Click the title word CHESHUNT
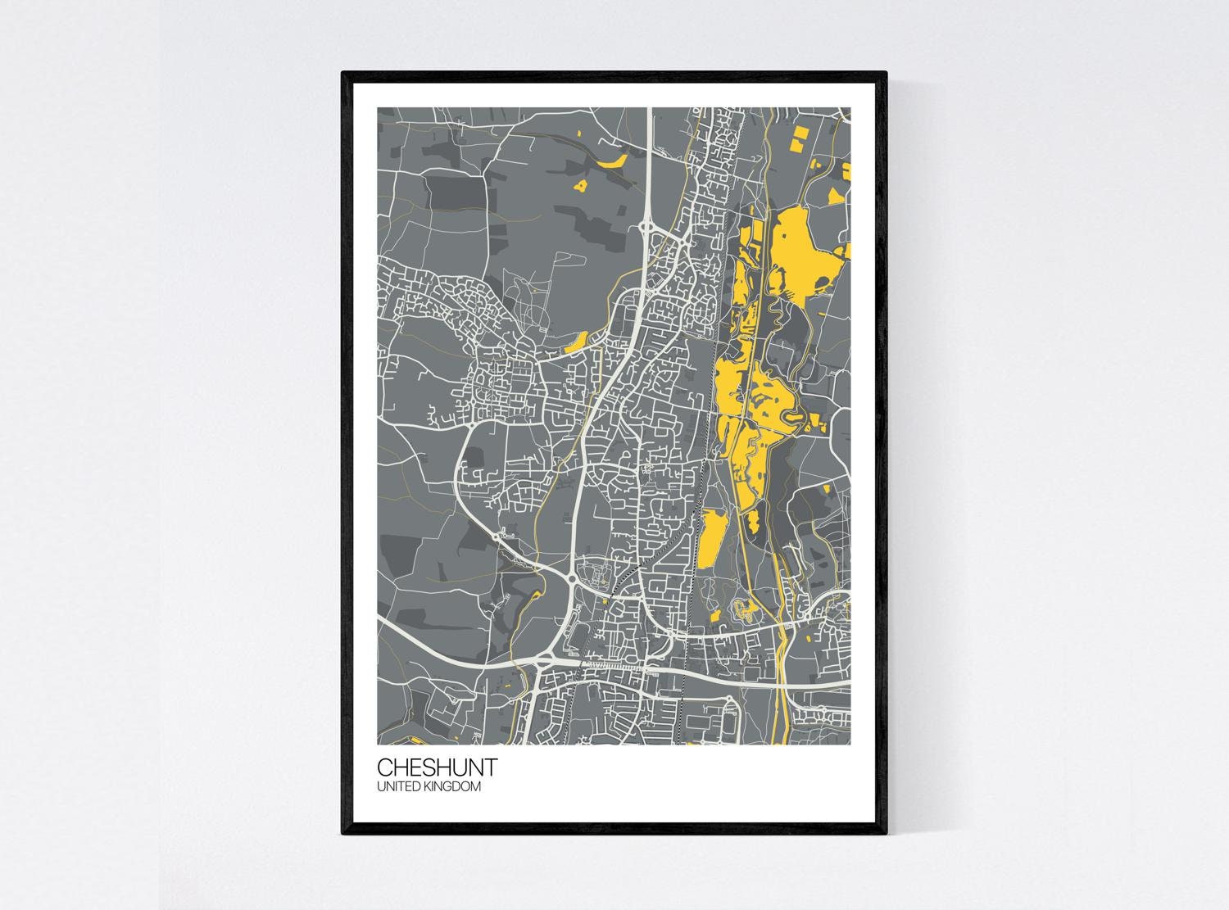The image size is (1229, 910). click(x=436, y=768)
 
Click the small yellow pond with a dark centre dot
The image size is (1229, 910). click(x=582, y=186)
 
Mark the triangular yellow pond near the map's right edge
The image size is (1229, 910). click(x=836, y=195)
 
